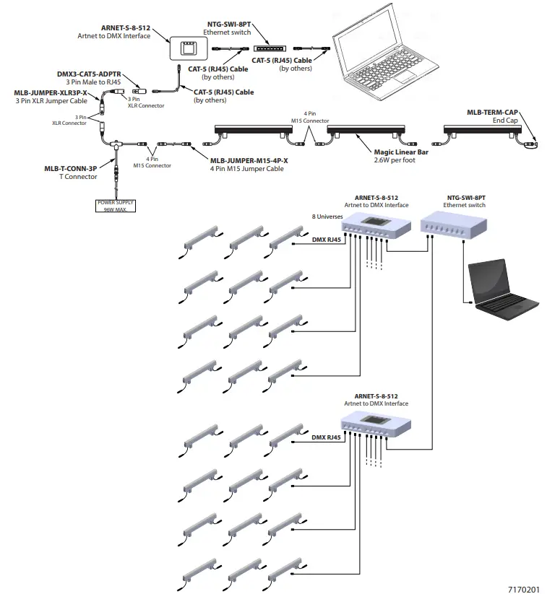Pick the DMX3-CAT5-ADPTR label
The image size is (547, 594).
click(89, 74)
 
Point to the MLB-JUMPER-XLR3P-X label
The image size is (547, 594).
click(51, 93)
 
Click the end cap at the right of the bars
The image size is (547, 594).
click(532, 145)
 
